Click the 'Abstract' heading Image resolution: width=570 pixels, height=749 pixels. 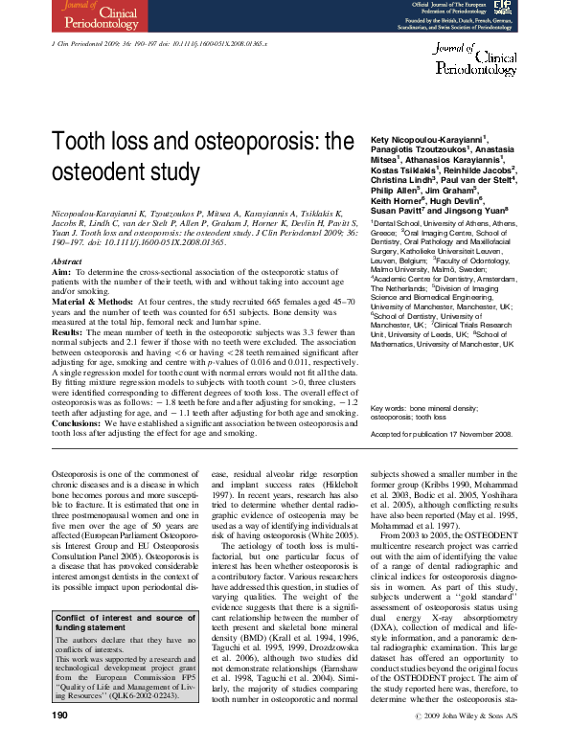[66, 261]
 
